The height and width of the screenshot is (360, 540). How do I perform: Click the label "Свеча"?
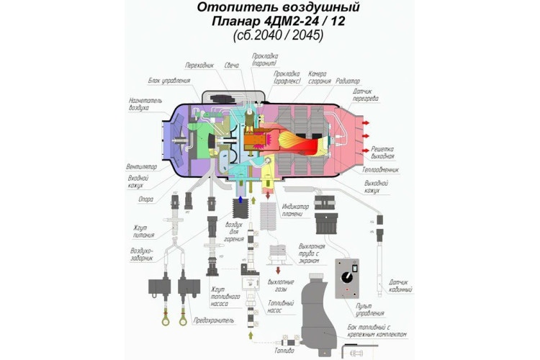(232, 66)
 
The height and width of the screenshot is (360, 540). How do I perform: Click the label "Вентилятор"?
(141, 166)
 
